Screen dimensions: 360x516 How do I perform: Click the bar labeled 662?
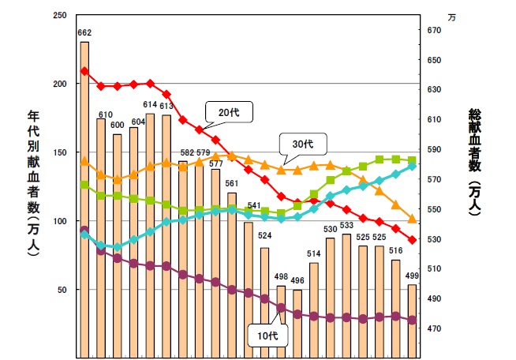[84, 197]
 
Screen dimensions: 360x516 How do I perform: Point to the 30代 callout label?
[302, 144]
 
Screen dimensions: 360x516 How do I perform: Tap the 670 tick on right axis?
[433, 30]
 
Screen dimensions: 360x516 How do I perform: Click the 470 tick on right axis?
[433, 329]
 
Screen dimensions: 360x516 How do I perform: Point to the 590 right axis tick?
[433, 150]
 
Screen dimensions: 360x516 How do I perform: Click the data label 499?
[412, 276]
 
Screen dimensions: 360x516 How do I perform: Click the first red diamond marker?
[84, 71]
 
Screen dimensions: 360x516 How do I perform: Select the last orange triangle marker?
[412, 219]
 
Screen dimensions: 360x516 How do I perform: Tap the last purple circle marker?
[412, 320]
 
